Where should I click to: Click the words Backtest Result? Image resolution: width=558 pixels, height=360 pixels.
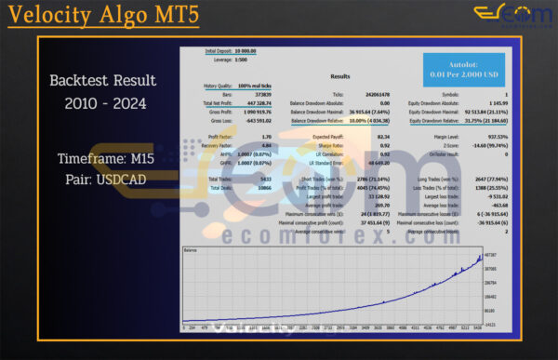103,81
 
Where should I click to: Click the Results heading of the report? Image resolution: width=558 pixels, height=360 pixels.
340,77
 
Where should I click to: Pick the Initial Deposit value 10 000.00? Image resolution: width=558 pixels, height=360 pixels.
248,50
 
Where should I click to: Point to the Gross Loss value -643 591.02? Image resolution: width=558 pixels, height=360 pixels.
257,119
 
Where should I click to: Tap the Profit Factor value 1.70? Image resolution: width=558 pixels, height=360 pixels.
266,136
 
